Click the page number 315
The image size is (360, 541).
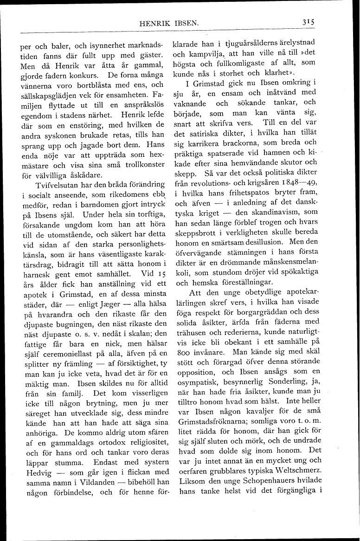click(x=308, y=21)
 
